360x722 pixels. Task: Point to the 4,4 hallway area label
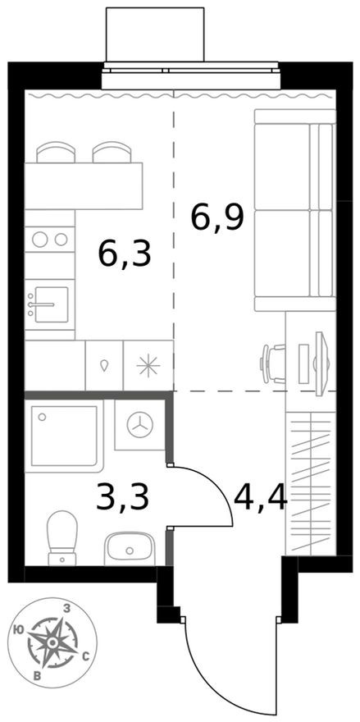[x=260, y=496]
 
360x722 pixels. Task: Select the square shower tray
[x=65, y=437]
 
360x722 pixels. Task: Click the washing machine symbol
[x=141, y=425]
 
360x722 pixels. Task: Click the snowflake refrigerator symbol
[x=148, y=365]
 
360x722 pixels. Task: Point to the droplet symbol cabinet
[x=104, y=365]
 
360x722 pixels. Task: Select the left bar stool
[x=55, y=153]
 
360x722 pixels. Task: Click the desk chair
[x=274, y=362]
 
